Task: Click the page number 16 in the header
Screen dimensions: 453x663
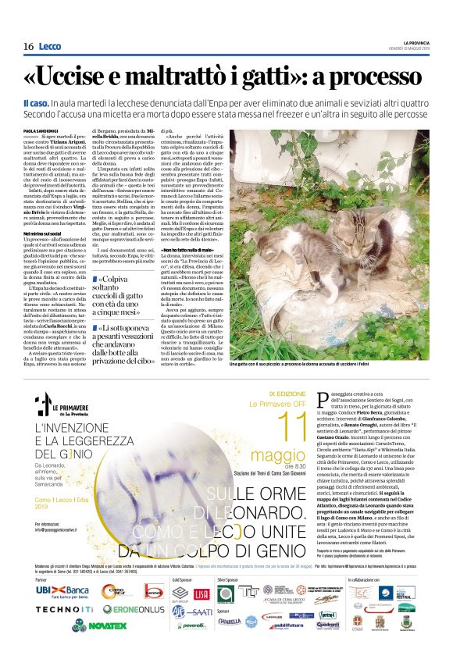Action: [28, 46]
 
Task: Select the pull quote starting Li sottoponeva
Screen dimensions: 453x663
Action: [127, 344]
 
